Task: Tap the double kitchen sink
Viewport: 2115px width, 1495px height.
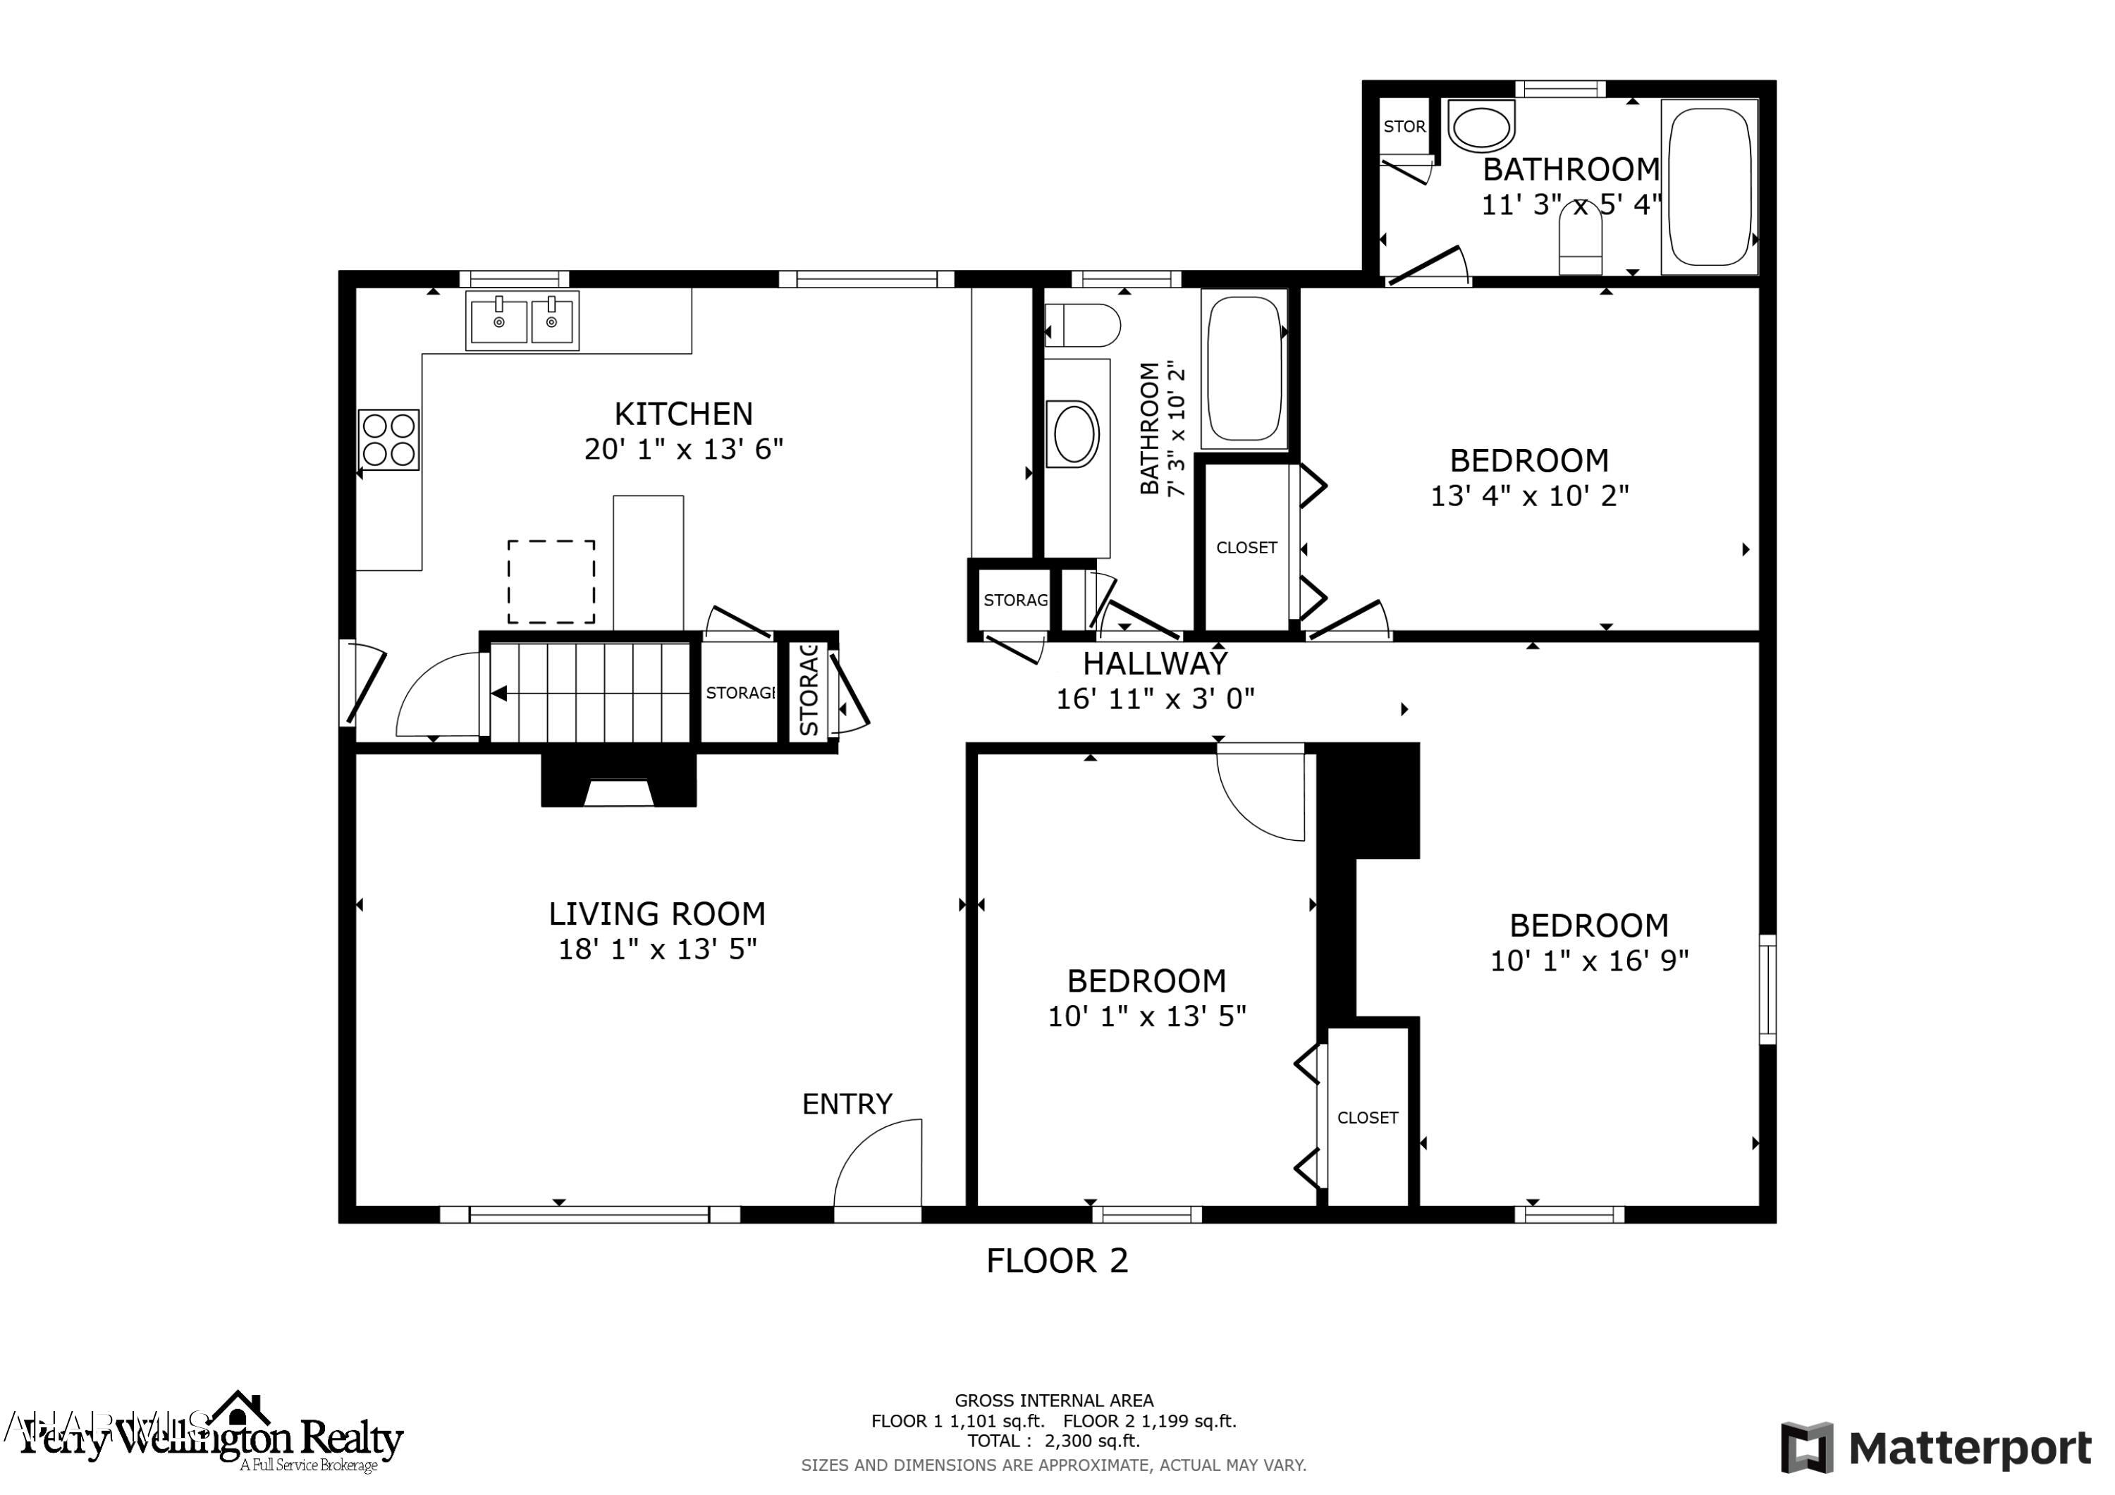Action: click(x=523, y=319)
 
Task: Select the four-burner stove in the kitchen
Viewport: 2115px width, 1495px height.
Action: click(x=388, y=439)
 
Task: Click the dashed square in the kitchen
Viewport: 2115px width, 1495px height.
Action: click(x=551, y=582)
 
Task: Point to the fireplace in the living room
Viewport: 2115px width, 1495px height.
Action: click(x=618, y=781)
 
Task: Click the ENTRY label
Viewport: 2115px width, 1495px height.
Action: click(x=847, y=1104)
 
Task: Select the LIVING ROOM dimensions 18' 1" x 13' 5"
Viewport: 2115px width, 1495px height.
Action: click(x=657, y=949)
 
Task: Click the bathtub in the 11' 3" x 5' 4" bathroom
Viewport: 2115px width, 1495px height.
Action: click(x=1709, y=188)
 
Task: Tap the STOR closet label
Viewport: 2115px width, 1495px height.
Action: click(x=1404, y=127)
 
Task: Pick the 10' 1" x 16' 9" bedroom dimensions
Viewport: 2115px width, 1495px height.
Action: click(x=1589, y=961)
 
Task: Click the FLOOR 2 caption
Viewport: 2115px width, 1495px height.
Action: click(x=1057, y=1260)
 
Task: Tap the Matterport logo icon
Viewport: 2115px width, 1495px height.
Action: click(x=1806, y=1447)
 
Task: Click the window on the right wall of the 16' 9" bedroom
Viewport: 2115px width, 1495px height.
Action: click(x=1767, y=990)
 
